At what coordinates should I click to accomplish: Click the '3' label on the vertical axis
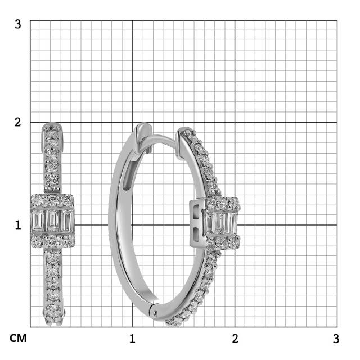[18, 25]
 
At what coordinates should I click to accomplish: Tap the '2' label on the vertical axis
[18, 122]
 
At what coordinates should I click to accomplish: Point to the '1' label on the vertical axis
[18, 224]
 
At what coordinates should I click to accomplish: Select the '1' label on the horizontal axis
[132, 339]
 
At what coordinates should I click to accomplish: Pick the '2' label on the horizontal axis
[235, 339]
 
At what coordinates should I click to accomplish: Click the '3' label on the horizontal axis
[336, 339]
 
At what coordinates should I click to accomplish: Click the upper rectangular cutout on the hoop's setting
[196, 213]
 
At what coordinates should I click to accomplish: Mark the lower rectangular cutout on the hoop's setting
[196, 232]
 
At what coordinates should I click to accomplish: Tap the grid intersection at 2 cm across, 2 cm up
[235, 122]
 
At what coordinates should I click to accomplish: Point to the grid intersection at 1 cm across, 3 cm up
[132, 20]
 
